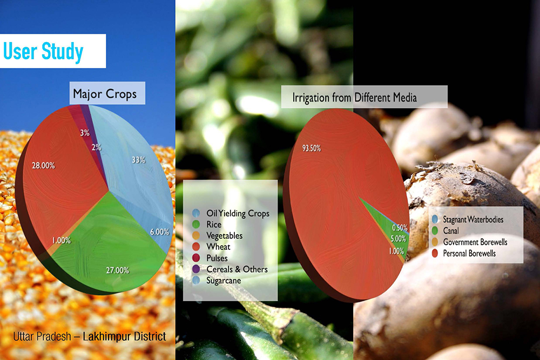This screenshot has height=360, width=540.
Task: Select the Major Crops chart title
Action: tap(105, 94)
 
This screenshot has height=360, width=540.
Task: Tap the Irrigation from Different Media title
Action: tap(354, 97)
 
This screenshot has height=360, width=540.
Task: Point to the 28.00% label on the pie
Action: tap(43, 166)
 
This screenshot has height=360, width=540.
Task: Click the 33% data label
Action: tap(138, 160)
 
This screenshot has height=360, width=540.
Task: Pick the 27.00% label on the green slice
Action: tap(117, 270)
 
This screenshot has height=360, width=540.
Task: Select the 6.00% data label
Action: tap(159, 232)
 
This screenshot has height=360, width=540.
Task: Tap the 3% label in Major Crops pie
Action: tap(85, 133)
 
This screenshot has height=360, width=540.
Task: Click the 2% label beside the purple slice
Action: tap(97, 147)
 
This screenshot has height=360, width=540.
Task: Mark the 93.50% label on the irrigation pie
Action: tap(312, 148)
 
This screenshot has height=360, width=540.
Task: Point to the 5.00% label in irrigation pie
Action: tap(398, 239)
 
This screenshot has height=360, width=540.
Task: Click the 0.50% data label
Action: tap(400, 228)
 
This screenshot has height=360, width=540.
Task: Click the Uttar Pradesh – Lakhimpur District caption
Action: tap(90, 336)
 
